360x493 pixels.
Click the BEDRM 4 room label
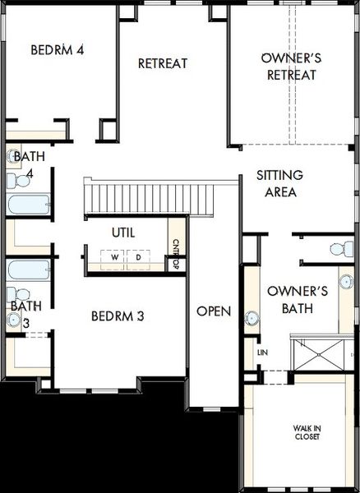(x=58, y=49)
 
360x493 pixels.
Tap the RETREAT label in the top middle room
(x=163, y=63)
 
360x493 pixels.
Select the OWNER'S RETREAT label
(x=292, y=67)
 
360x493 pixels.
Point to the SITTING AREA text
(x=279, y=183)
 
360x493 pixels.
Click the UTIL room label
(x=123, y=233)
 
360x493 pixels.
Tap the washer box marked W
(x=113, y=260)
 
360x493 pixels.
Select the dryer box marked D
(x=138, y=260)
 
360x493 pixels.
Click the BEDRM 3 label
(x=118, y=316)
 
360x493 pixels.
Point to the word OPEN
(x=214, y=311)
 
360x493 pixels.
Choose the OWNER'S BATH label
(x=298, y=300)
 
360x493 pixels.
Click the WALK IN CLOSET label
(x=307, y=432)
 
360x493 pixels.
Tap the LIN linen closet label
(x=262, y=352)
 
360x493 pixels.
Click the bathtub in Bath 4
(x=28, y=205)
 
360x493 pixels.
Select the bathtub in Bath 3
(x=28, y=270)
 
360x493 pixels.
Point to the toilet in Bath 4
(x=18, y=181)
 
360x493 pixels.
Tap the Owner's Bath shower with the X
(x=318, y=355)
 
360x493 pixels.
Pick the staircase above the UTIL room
(x=149, y=199)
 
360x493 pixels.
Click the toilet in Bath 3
(x=18, y=295)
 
